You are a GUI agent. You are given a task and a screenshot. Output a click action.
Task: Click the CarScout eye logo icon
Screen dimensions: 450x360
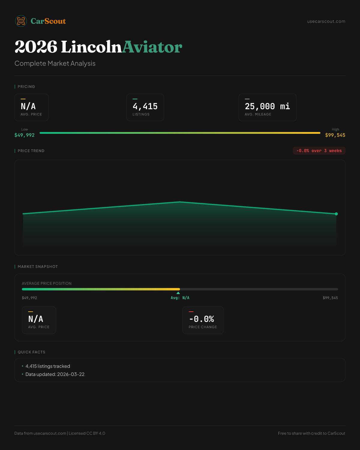(21, 21)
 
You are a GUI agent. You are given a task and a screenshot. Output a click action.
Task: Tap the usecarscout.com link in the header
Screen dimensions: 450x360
(326, 21)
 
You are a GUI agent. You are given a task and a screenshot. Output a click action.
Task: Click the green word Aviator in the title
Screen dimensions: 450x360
(152, 47)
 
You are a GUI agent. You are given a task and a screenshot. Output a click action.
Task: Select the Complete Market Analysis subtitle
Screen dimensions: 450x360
(55, 64)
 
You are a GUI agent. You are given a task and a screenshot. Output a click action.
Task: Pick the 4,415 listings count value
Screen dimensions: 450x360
(145, 106)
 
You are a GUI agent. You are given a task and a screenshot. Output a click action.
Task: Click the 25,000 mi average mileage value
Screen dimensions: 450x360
(267, 106)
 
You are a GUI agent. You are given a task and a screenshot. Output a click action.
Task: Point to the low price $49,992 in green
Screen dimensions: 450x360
(25, 135)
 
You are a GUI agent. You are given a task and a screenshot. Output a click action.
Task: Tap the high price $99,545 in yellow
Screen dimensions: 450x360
(335, 135)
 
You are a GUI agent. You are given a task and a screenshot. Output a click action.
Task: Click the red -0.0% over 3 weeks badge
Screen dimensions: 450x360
(319, 151)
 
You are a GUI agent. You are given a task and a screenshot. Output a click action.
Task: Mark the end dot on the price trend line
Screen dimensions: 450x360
(336, 214)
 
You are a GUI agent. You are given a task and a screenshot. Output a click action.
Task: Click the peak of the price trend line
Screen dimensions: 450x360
(180, 202)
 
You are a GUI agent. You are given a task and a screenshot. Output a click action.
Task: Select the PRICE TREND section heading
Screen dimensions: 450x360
(31, 151)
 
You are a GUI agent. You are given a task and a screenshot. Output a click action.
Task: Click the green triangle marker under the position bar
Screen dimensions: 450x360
(178, 293)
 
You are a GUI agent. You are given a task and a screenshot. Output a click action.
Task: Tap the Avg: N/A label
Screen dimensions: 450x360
(180, 298)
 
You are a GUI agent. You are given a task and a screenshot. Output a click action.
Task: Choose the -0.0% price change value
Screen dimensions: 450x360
(202, 319)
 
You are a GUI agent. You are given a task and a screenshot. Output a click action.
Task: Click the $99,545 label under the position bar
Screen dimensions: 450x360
(330, 298)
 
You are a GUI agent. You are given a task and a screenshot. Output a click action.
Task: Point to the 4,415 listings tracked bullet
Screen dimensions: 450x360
(48, 366)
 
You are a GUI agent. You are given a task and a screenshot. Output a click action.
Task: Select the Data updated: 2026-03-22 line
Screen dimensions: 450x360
(55, 374)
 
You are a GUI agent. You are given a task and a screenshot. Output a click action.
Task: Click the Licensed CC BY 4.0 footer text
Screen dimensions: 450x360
(87, 433)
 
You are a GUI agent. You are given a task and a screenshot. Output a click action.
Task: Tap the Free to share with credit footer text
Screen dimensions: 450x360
(311, 433)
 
